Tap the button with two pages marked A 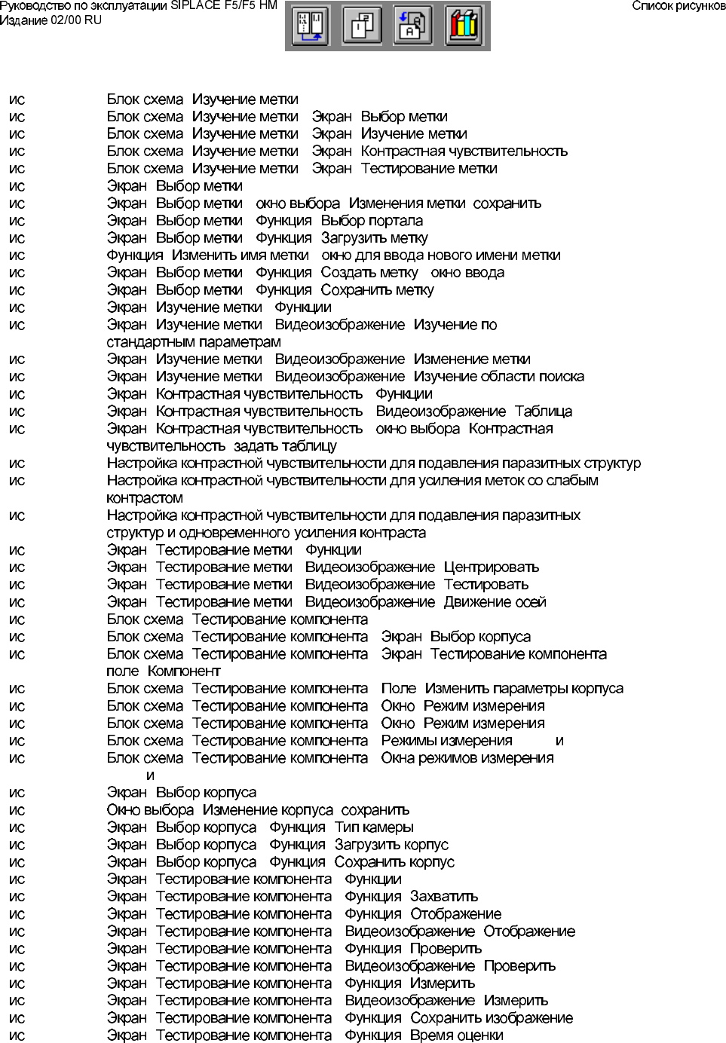click(414, 26)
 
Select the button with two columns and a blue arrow click(311, 26)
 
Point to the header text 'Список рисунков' click(678, 6)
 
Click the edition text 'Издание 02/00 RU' click(51, 20)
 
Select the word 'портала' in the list click(397, 221)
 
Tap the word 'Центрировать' click(491, 567)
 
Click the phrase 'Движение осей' click(495, 602)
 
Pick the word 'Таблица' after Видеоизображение click(543, 411)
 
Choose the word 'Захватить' click(443, 897)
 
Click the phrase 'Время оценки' click(456, 1035)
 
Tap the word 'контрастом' click(145, 498)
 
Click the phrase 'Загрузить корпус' click(391, 845)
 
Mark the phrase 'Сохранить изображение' click(492, 1018)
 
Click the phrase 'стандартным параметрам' click(194, 342)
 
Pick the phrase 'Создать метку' click(369, 273)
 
